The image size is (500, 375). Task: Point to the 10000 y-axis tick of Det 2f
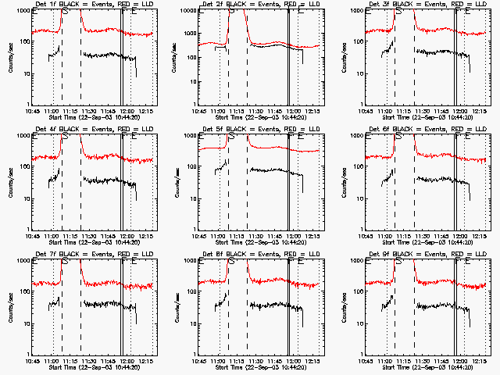click(x=187, y=11)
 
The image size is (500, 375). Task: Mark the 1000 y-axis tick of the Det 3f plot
click(x=355, y=11)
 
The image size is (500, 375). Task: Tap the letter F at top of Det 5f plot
click(x=291, y=138)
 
